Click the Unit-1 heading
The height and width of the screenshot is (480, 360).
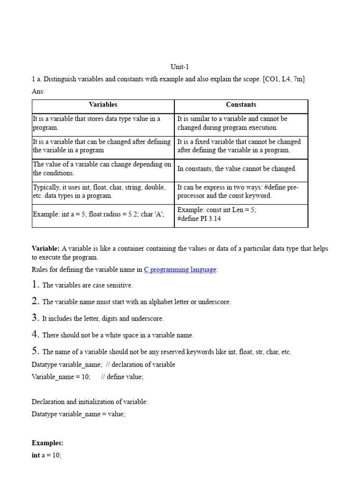[x=180, y=67]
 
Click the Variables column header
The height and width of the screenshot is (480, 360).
[x=103, y=105]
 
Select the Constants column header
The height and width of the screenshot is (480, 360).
[x=241, y=105]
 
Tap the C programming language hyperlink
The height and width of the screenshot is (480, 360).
[x=180, y=270]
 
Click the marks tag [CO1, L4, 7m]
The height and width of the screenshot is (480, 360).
[x=284, y=79]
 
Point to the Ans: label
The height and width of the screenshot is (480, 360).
[x=38, y=91]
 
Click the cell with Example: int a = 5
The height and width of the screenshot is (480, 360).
[x=98, y=214]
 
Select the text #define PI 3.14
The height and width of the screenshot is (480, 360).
[x=199, y=218]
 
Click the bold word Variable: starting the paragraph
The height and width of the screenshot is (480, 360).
[x=45, y=248]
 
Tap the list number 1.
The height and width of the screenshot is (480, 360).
[x=36, y=285]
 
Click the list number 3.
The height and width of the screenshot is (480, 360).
[x=36, y=318]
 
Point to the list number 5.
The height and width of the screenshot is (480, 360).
[x=36, y=351]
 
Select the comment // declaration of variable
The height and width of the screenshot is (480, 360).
[x=140, y=365]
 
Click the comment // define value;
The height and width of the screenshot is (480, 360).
[x=122, y=377]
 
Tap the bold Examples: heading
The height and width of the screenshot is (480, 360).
[x=47, y=443]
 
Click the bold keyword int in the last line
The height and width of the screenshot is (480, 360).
[x=36, y=455]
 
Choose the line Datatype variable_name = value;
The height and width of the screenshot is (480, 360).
[x=78, y=414]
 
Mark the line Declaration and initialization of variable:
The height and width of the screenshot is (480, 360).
[x=90, y=402]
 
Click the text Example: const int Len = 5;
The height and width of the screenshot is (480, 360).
[x=217, y=210]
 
